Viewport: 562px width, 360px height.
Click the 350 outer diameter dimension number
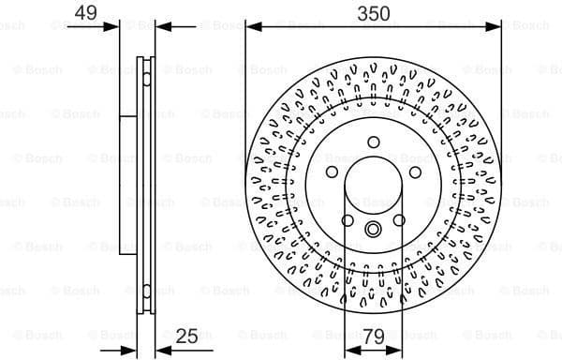tap(372, 13)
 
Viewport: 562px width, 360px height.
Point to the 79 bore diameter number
tap(373, 335)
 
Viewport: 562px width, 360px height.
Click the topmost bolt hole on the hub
tap(372, 142)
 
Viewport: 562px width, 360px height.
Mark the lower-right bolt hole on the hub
tap(399, 221)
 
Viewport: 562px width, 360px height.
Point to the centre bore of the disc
tap(372, 187)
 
